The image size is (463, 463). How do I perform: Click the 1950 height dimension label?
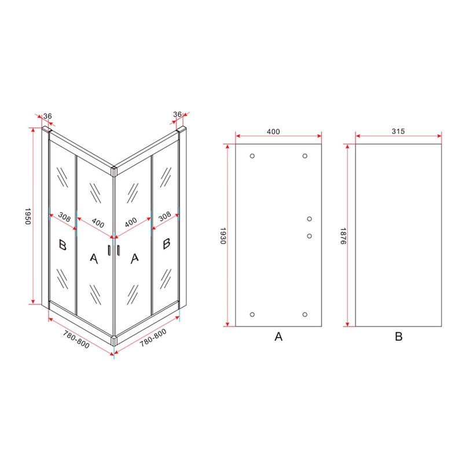coord(28,216)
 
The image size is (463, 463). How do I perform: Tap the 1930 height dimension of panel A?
coord(223,236)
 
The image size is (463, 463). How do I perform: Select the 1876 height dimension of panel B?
coord(343,236)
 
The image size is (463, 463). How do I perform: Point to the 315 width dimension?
coord(398,131)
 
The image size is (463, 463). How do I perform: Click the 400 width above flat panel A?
coord(273,131)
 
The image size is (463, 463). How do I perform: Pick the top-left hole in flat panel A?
coord(252,156)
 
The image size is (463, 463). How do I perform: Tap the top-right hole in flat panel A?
coord(305,156)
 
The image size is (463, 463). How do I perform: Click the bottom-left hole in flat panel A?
coord(252,314)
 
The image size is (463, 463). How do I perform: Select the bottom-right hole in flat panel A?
coord(305,314)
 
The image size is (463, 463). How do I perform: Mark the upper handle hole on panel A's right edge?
coord(310,219)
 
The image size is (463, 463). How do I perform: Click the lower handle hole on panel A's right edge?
coord(310,236)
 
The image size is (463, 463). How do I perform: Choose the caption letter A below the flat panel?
coord(278,336)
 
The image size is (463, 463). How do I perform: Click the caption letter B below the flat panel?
coord(399,336)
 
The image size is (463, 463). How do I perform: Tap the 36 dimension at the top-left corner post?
coord(47,116)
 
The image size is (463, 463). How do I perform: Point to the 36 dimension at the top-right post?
coord(177,114)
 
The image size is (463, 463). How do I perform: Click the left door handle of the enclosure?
coord(109,250)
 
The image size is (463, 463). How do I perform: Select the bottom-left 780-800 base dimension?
coord(76,339)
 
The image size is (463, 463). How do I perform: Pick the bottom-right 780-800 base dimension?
coord(153,338)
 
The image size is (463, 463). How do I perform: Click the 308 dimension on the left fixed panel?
coord(64,217)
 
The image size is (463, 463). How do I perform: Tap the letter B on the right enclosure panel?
coord(166,244)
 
